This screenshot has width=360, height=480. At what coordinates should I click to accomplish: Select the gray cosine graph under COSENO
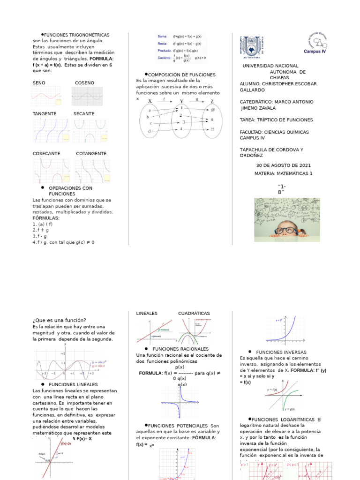click(87, 96)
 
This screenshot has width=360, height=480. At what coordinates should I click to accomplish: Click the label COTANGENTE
click(91, 153)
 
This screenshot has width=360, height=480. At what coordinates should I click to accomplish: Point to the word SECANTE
click(84, 113)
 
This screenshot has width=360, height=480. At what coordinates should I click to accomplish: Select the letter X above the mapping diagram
click(150, 101)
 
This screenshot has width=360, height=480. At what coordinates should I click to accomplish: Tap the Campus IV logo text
click(315, 52)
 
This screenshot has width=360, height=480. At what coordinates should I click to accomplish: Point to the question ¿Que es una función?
click(60, 320)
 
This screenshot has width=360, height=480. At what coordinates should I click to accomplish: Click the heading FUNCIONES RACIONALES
click(180, 349)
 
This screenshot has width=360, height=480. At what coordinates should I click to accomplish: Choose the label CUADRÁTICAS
click(194, 313)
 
